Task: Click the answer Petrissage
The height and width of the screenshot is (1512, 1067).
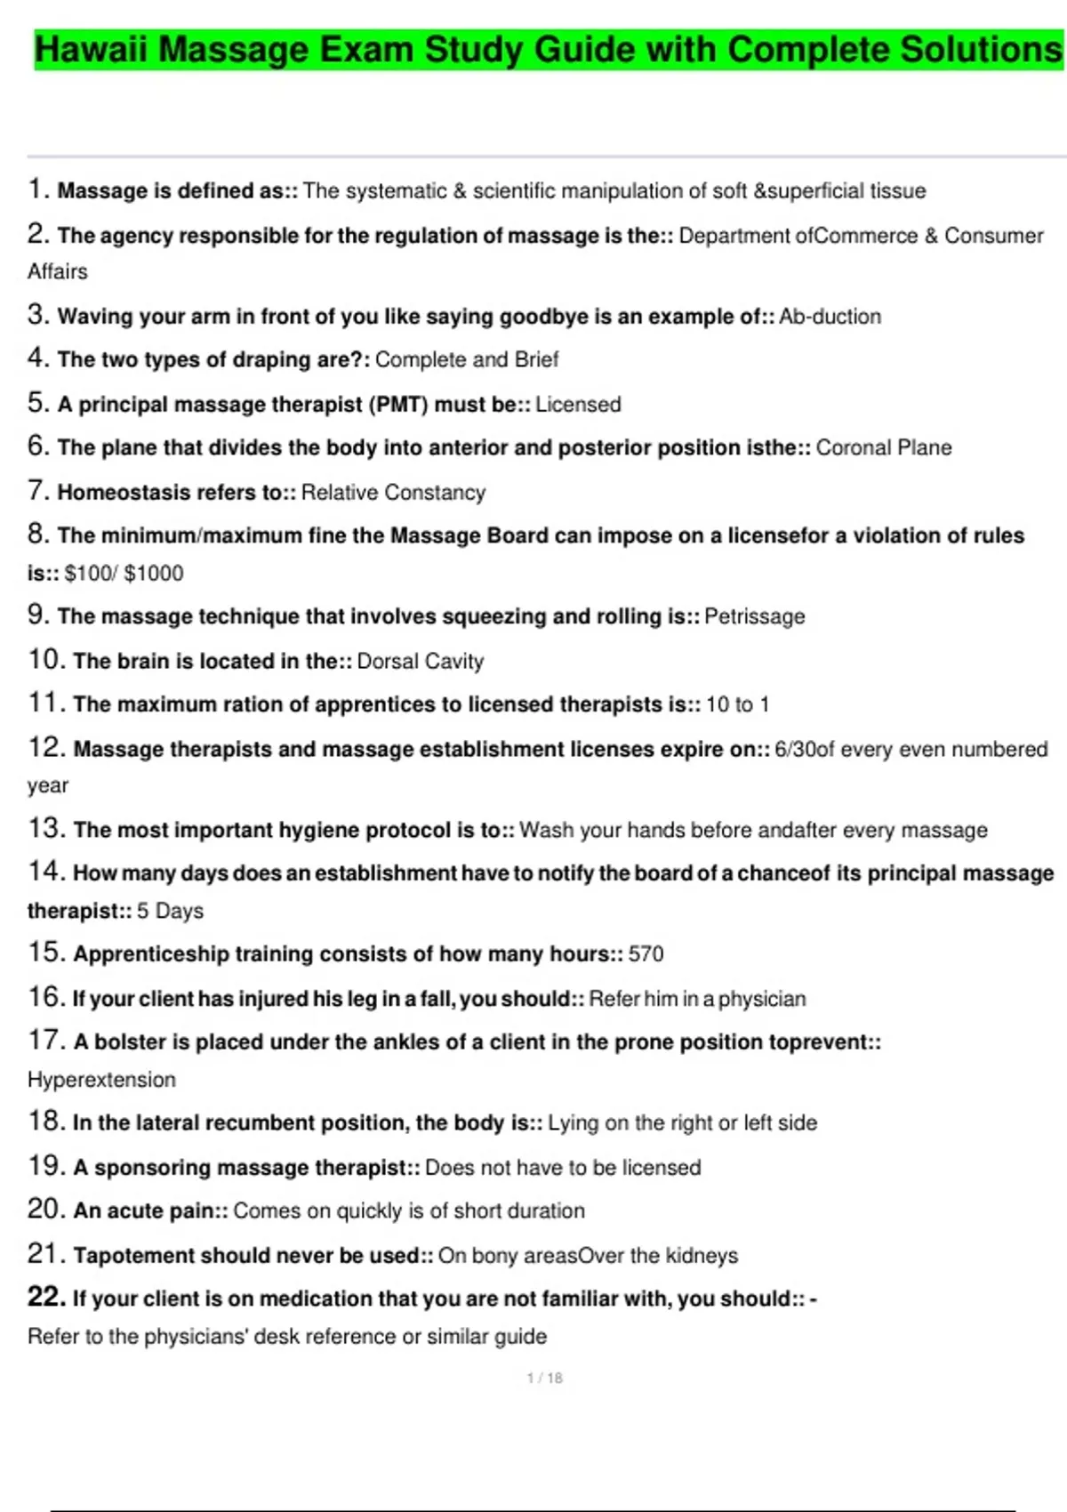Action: pos(754,616)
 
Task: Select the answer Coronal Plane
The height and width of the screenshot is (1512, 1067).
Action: pos(884,447)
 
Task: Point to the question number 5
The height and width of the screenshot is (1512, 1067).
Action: pos(37,403)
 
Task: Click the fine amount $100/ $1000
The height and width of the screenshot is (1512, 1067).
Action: pos(124,573)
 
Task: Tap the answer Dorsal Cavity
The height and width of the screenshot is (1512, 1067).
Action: pos(421,661)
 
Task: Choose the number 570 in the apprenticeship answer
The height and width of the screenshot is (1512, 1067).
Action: pos(646,953)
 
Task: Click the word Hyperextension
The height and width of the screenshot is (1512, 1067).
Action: pos(101,1080)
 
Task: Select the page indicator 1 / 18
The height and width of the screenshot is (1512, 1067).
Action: pos(544,1378)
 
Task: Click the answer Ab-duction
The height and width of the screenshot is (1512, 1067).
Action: pos(830,317)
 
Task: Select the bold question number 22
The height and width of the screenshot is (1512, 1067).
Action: pos(45,1297)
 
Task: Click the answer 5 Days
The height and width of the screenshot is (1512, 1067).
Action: pos(170,911)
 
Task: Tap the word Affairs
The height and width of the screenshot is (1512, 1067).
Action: pos(58,271)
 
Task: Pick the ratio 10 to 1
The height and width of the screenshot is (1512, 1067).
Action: pos(738,704)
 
